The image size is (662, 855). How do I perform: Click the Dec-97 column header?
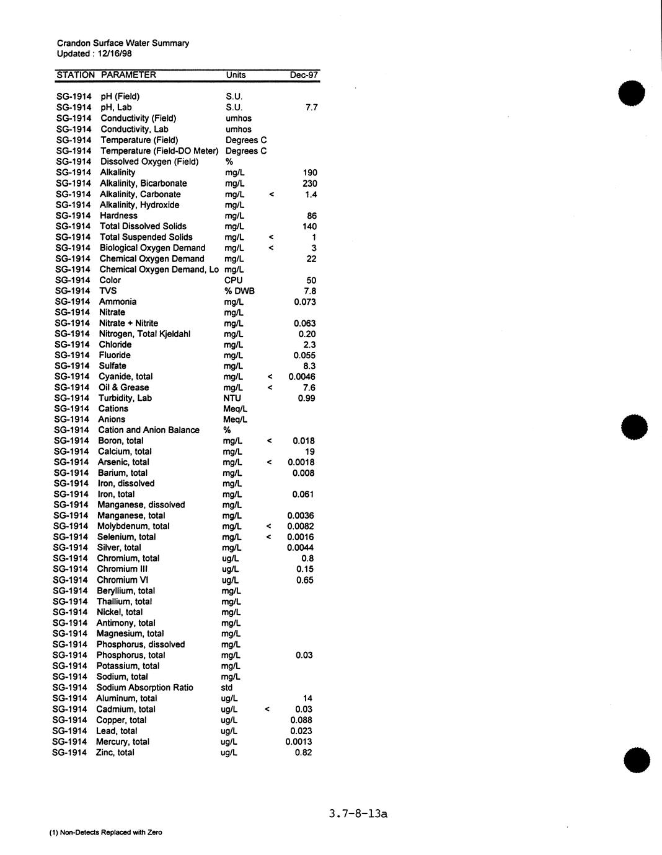(304, 75)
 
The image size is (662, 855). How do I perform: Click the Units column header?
(236, 75)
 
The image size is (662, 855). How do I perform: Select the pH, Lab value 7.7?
(311, 107)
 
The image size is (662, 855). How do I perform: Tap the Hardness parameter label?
(118, 216)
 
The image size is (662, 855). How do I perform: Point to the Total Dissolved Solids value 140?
(309, 226)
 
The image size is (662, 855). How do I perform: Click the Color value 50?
(311, 281)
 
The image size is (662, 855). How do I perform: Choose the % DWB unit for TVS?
(239, 291)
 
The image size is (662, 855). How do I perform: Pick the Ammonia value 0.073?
(304, 302)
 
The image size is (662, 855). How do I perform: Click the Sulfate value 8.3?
(309, 366)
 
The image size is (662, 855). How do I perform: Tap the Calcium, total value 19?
(310, 452)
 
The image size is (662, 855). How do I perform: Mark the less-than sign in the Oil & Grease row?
(270, 388)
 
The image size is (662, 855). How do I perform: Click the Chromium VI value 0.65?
(304, 580)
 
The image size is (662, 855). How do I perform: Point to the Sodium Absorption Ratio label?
(144, 688)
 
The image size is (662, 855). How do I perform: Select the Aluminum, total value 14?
(307, 698)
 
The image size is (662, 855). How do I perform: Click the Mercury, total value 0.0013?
(299, 742)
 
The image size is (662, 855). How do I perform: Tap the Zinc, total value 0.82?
(303, 753)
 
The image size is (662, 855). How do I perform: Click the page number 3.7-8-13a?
(358, 813)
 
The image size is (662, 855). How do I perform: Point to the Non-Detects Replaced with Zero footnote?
(105, 833)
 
